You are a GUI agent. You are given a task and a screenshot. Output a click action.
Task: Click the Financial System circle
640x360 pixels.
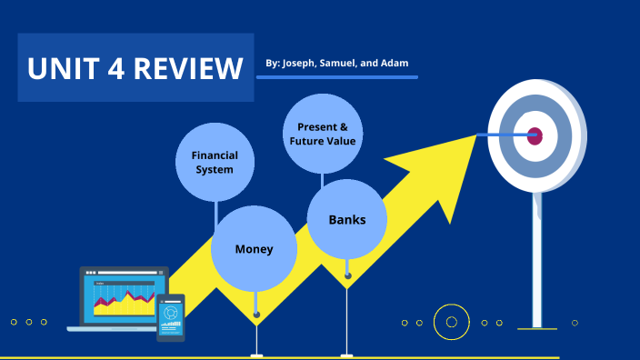[x=215, y=162]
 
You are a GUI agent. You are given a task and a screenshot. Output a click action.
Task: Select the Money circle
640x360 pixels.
[x=254, y=248]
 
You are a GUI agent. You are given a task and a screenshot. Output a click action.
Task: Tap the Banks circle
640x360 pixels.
[x=346, y=219]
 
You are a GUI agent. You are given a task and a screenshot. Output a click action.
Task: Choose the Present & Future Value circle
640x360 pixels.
[x=323, y=134]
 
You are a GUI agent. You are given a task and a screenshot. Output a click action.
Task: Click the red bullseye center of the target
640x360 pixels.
[x=535, y=135]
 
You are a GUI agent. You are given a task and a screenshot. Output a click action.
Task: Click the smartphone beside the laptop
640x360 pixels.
[x=170, y=316]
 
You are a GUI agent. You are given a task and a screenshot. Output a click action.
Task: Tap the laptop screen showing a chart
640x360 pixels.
[x=124, y=296]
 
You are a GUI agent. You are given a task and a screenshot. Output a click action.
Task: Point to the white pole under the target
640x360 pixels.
[x=536, y=264]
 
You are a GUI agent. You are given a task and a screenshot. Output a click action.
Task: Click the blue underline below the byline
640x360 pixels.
[x=337, y=78]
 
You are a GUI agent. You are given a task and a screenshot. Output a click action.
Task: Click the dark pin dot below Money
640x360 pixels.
[x=256, y=315]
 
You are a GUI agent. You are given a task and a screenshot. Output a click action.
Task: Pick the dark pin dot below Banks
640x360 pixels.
[x=347, y=275]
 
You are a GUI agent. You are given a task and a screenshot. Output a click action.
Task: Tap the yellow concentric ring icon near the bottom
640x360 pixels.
[x=450, y=321]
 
